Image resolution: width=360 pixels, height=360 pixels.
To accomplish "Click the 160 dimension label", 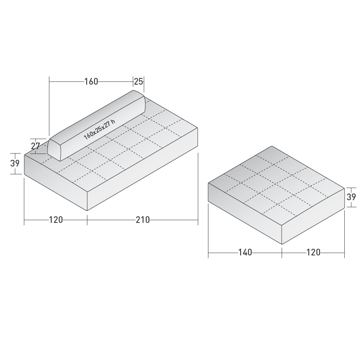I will click(91, 81).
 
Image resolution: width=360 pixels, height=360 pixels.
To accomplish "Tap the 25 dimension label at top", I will click(139, 81).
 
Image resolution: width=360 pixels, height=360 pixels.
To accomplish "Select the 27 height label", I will click(36, 147).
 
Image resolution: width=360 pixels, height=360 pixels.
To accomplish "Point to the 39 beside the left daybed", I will click(15, 163).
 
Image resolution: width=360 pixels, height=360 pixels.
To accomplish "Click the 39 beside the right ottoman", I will click(351, 197).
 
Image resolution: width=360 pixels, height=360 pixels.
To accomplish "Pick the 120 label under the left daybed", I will click(56, 220).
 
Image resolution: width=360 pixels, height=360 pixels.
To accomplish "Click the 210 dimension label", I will click(143, 220).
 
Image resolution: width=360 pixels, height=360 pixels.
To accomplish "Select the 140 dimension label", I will click(245, 253).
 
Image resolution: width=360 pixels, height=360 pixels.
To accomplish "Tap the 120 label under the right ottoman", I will click(313, 253).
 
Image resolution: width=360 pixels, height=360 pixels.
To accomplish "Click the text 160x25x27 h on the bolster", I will click(99, 130).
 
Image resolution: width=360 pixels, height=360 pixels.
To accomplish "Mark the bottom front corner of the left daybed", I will click(87, 211).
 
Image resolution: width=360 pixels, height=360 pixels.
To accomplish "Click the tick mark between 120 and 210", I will click(87, 221).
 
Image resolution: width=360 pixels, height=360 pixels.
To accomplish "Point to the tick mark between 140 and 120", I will click(282, 253).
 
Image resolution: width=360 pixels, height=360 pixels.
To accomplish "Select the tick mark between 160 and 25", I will click(133, 81).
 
